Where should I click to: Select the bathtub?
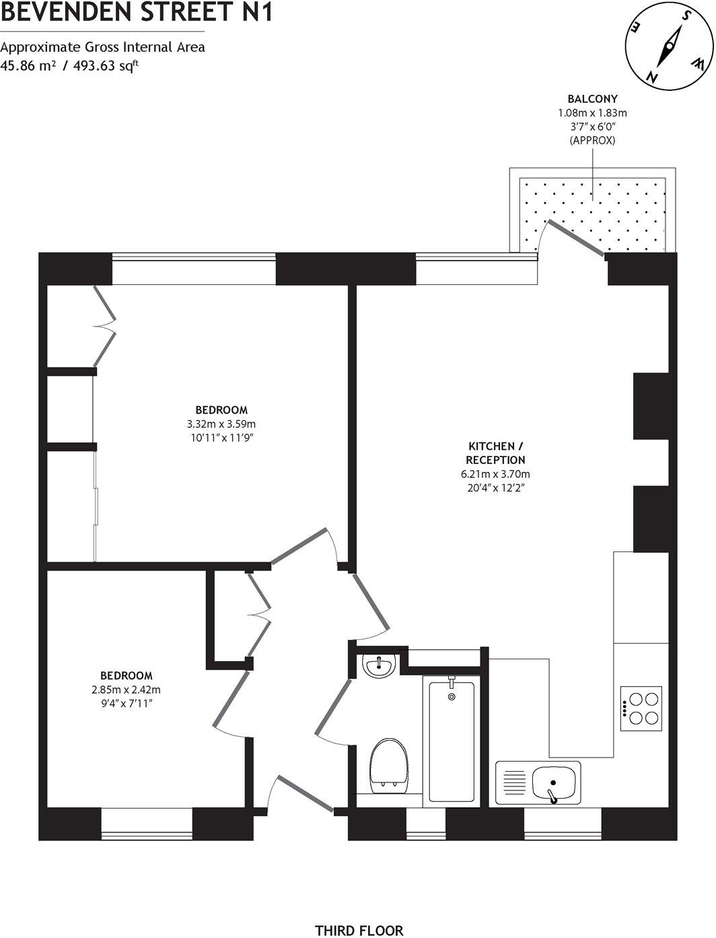click(x=452, y=739)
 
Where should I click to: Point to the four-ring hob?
click(x=642, y=708)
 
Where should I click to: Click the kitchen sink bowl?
click(x=554, y=783)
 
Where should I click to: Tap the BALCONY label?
click(x=592, y=99)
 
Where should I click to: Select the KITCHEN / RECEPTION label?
click(x=496, y=453)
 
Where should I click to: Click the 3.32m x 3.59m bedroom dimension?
click(x=221, y=424)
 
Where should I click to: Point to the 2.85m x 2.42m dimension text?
click(x=127, y=690)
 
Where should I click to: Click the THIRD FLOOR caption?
click(x=359, y=931)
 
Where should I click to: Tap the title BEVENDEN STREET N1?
click(x=137, y=12)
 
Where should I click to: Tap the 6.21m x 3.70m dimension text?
click(x=496, y=474)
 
